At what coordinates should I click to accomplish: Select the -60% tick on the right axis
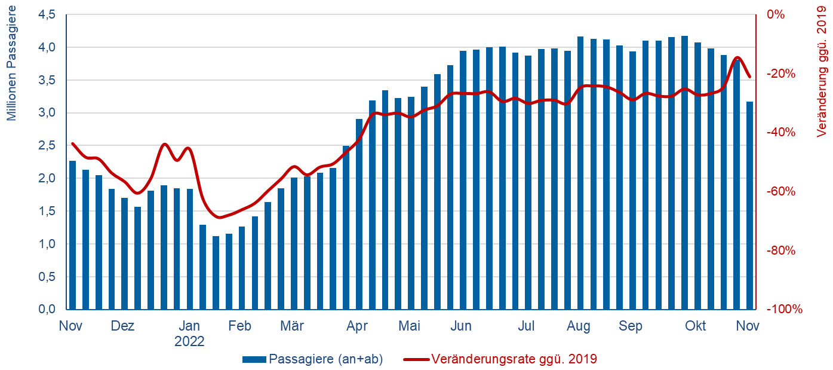coord(782,192)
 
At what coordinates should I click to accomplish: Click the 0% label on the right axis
coord(777,15)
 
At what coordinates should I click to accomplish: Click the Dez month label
coord(122,326)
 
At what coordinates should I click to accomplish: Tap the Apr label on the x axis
coord(357,326)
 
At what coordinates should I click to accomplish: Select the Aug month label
coord(578,326)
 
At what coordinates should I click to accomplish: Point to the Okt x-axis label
coord(695,326)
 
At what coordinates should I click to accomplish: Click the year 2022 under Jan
coord(189,342)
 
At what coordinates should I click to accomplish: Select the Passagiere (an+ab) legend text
coord(326,359)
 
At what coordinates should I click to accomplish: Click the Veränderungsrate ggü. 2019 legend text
coord(514,359)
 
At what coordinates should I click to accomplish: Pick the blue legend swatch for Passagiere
coord(254,359)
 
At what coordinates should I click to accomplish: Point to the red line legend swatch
coord(416,359)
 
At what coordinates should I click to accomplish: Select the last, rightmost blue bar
coord(749,206)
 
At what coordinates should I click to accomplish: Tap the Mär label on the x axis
coord(292,326)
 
